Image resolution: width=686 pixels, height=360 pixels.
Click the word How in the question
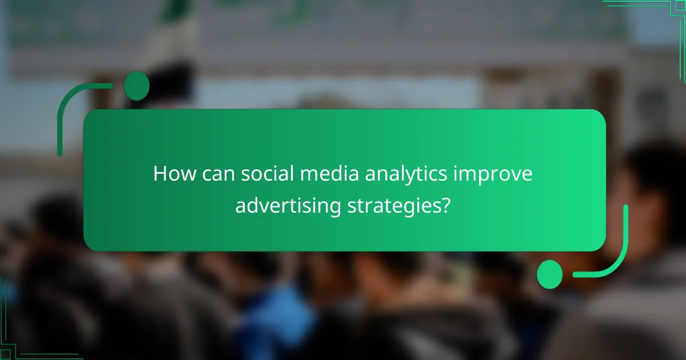pos(171,174)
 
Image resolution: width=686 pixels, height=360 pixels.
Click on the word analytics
pos(389,174)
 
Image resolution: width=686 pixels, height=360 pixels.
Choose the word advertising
pos(289,206)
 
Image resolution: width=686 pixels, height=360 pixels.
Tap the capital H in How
pos(159,174)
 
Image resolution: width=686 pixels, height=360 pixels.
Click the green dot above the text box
pos(137,86)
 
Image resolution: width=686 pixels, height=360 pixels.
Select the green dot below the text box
pos(550,274)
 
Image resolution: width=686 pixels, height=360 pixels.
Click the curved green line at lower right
pos(615,257)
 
